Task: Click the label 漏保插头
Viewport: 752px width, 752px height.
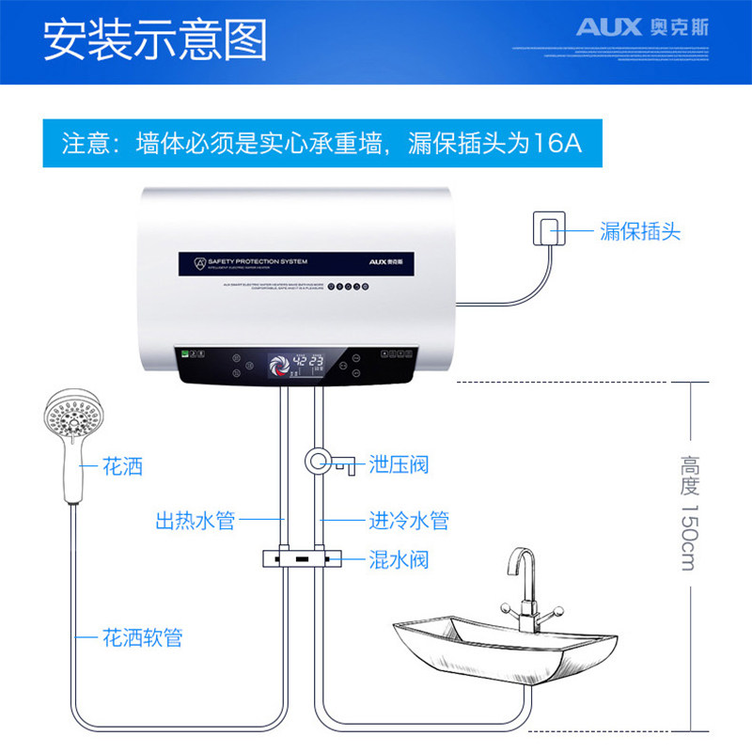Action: pyautogui.click(x=639, y=230)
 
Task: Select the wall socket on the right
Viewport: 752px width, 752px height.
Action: pyautogui.click(x=547, y=229)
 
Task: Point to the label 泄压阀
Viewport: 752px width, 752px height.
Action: pyautogui.click(x=399, y=464)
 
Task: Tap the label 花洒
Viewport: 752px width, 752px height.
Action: pyautogui.click(x=123, y=466)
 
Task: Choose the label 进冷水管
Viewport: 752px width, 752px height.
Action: pyautogui.click(x=408, y=520)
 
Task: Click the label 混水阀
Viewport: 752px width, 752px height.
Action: pyautogui.click(x=399, y=560)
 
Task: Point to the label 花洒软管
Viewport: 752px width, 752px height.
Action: pyautogui.click(x=142, y=638)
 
